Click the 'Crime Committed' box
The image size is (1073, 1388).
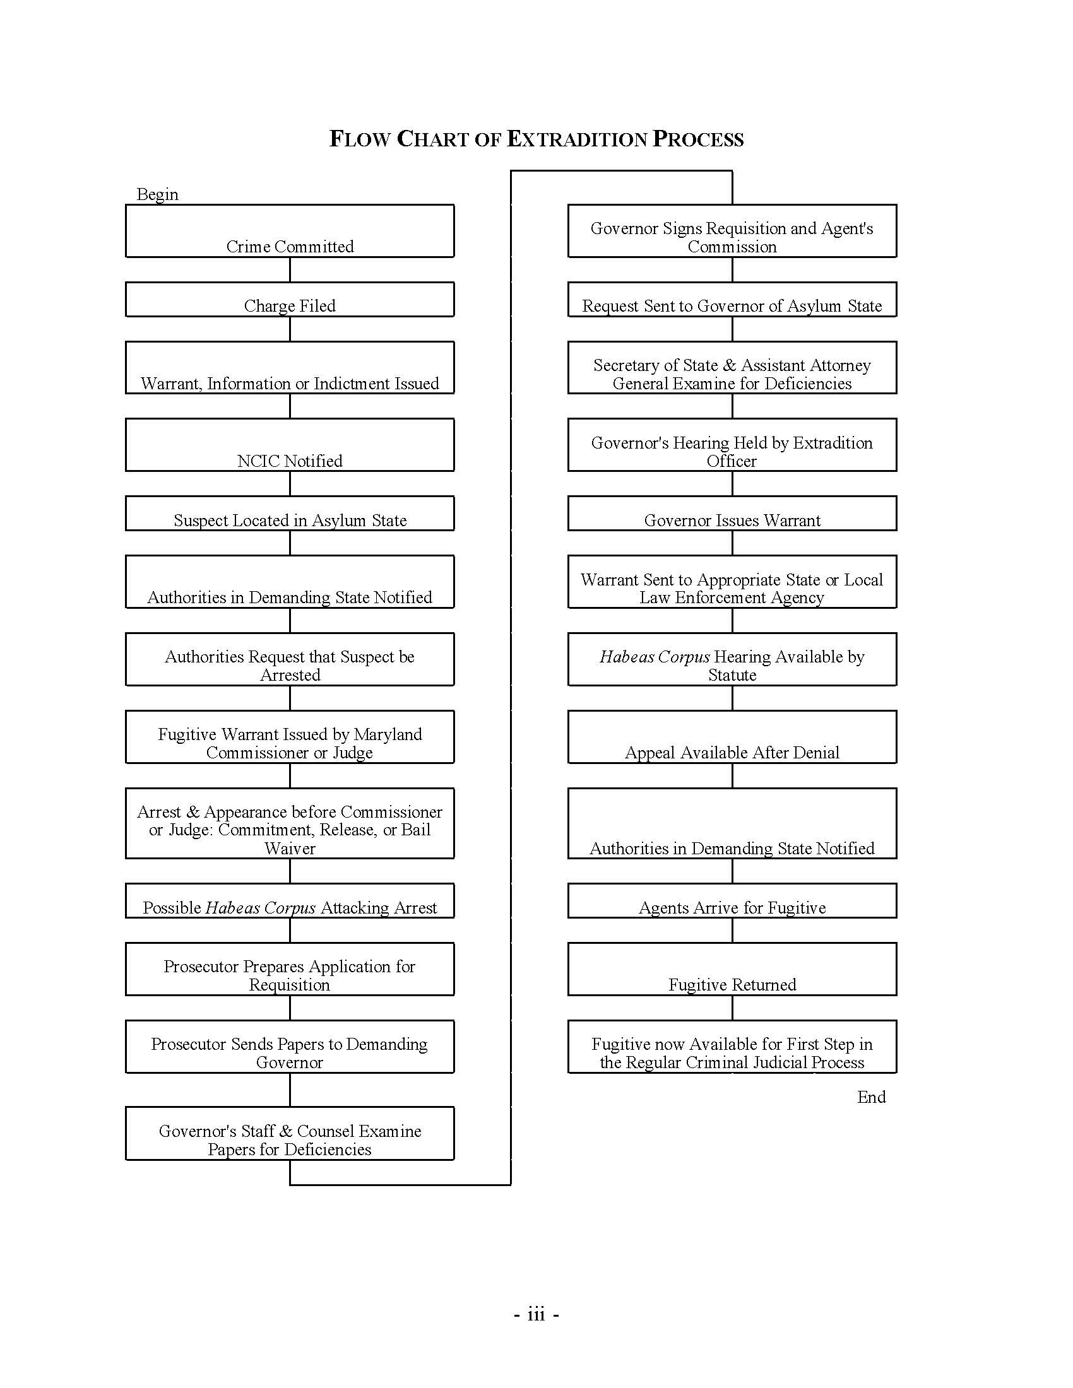tap(290, 231)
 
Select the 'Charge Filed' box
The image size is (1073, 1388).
tap(290, 299)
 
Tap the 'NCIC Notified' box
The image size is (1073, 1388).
tap(290, 445)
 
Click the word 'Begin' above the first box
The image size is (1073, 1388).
tap(158, 194)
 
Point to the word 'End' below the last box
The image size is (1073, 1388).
tap(871, 1097)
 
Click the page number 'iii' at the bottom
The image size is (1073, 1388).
tap(536, 1314)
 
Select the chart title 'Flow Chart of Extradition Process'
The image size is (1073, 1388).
tap(536, 139)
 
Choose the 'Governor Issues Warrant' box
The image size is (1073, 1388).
tap(732, 514)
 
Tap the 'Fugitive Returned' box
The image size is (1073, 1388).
tap(732, 969)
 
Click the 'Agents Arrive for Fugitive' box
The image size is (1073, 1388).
tap(732, 900)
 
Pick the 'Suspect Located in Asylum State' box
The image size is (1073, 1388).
tap(290, 514)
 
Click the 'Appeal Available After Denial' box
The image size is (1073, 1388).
tap(732, 737)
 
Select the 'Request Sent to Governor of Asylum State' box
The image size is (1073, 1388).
tap(732, 299)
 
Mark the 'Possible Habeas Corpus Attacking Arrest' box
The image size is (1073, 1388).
tap(290, 900)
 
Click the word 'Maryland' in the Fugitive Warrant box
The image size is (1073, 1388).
tap(388, 734)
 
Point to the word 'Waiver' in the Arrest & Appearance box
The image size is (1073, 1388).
tap(290, 849)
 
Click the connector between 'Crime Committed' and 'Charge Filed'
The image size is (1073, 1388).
tap(290, 269)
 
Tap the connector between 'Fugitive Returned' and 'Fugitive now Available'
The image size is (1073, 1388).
tap(732, 1008)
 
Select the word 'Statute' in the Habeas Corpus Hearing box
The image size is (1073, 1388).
tap(732, 675)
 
